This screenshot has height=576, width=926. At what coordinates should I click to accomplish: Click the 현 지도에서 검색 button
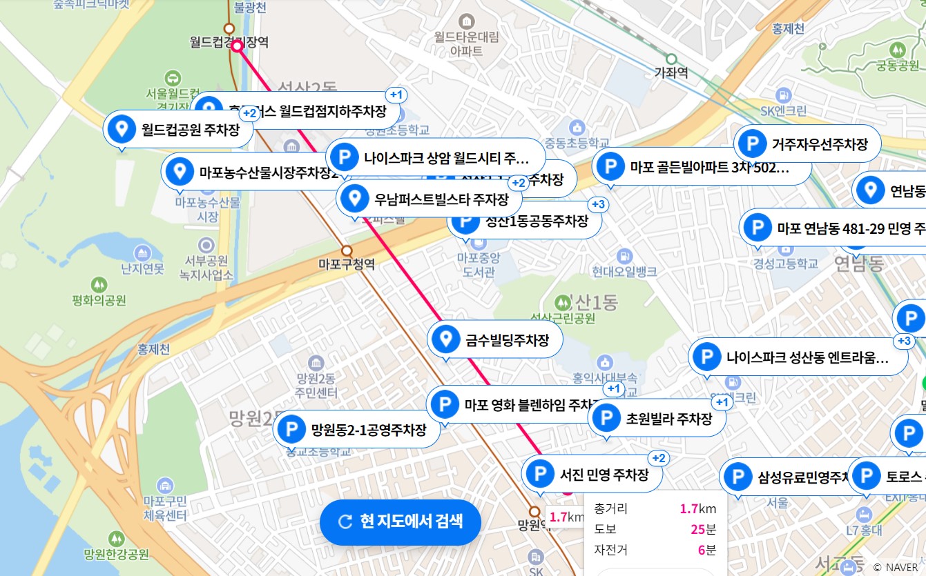pyautogui.click(x=400, y=522)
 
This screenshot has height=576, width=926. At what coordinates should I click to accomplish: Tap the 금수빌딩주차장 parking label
pyautogui.click(x=495, y=339)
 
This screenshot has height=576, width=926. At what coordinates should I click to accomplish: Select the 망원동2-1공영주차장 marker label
pyautogui.click(x=358, y=430)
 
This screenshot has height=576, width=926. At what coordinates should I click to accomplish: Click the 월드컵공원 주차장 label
pyautogui.click(x=179, y=129)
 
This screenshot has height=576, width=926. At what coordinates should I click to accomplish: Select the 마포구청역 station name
pyautogui.click(x=347, y=264)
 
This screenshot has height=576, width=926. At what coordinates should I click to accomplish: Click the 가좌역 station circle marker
pyautogui.click(x=671, y=59)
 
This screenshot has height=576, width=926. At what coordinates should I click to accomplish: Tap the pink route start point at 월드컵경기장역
pyautogui.click(x=238, y=46)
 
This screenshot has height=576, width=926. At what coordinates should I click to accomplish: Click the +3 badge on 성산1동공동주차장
pyautogui.click(x=597, y=204)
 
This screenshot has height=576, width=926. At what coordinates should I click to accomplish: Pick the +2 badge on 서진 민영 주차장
pyautogui.click(x=658, y=459)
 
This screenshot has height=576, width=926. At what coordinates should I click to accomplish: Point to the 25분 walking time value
pyautogui.click(x=703, y=529)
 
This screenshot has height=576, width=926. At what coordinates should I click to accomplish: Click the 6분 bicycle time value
pyautogui.click(x=707, y=550)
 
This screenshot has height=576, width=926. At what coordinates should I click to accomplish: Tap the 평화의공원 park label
pyautogui.click(x=99, y=300)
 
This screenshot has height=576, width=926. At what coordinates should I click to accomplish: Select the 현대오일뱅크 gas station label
pyautogui.click(x=625, y=271)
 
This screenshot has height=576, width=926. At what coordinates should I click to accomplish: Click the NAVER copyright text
pyautogui.click(x=902, y=567)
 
